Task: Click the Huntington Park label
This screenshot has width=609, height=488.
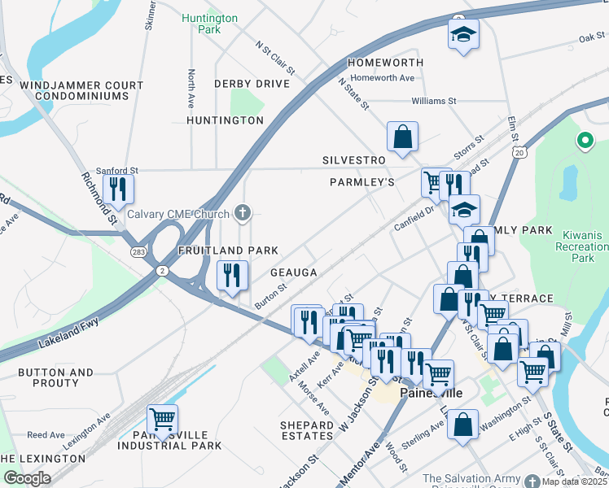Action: point(209,24)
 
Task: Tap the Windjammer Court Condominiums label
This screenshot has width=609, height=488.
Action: point(76,90)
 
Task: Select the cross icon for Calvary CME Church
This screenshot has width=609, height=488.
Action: point(241,214)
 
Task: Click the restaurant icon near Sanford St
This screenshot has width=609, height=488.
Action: point(118,189)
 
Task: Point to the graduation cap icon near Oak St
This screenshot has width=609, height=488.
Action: point(463,34)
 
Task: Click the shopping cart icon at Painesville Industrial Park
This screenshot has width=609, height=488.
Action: point(162,419)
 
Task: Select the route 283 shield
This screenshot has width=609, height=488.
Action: point(139,253)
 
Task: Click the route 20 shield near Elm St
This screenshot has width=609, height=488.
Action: point(519,152)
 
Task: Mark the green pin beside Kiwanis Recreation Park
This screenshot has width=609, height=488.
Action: point(584,141)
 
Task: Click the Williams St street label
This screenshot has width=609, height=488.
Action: point(434,101)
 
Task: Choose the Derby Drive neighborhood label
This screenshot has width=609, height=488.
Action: point(252,84)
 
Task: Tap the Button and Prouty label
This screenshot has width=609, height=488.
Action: point(56,377)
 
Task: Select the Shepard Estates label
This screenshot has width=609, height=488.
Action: point(307,430)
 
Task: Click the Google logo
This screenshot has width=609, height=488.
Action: point(27,478)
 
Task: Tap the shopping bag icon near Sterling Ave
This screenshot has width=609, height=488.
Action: point(462,424)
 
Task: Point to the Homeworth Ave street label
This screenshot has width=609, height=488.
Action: point(388,78)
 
